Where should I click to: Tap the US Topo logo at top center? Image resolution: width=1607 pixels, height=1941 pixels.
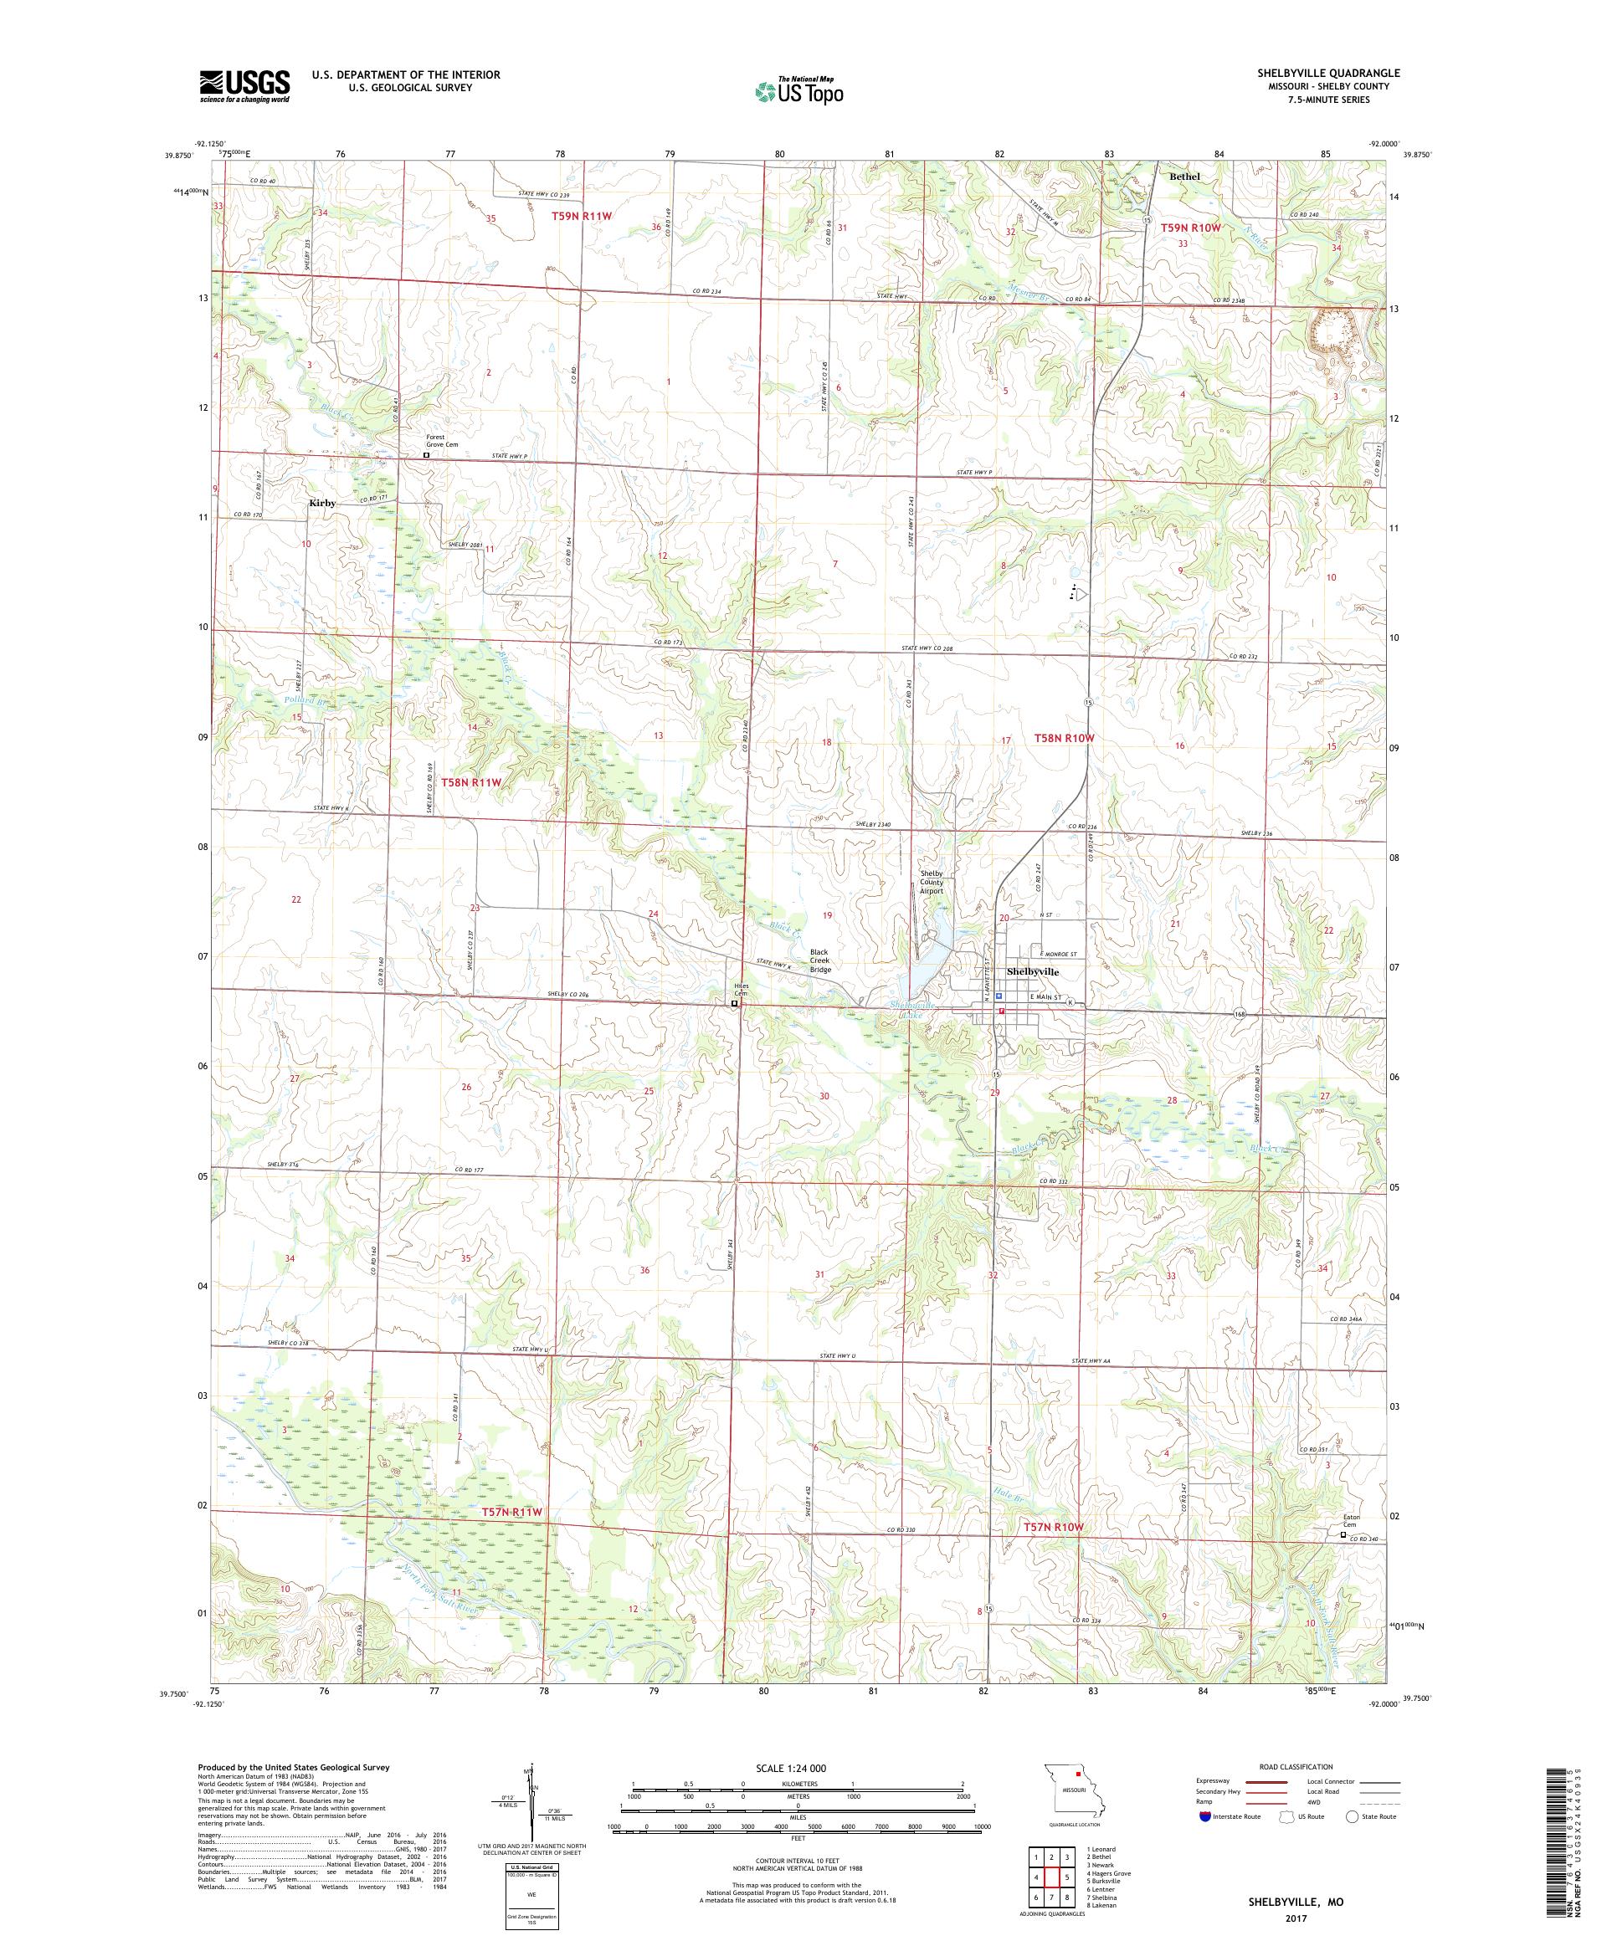(801, 90)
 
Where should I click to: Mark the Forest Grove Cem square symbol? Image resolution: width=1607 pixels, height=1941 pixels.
(426, 455)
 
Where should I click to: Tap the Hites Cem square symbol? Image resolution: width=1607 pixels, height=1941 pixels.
(735, 1003)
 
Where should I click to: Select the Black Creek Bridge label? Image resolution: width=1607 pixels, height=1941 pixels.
(820, 960)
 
